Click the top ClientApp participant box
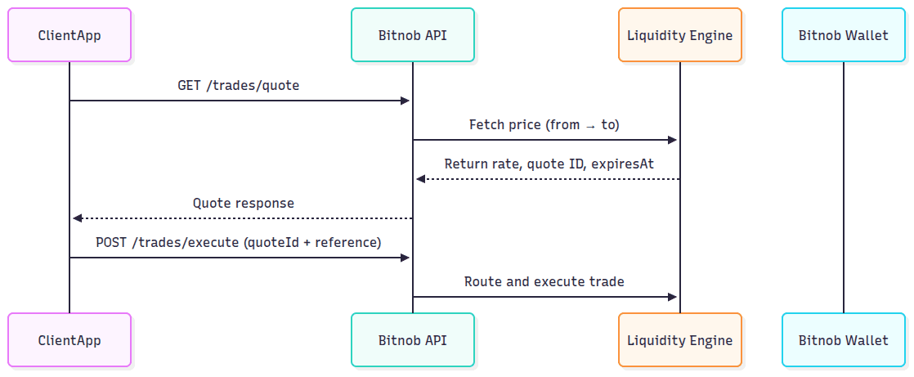tap(69, 35)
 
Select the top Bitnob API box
tap(412, 35)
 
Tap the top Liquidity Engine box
tap(679, 35)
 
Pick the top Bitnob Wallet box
tap(843, 35)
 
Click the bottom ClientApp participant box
tap(69, 339)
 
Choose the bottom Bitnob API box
tap(412, 339)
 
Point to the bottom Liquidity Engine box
tap(679, 339)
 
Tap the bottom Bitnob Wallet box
tap(843, 339)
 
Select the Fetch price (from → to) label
tap(544, 124)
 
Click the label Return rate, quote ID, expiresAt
tap(549, 164)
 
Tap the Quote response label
tap(243, 203)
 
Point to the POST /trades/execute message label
tap(239, 242)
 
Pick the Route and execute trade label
tap(544, 281)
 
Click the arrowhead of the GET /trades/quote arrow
tap(405, 101)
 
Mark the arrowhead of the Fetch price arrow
tap(672, 140)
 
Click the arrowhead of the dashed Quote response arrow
tap(77, 218)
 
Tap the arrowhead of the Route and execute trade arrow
tap(672, 297)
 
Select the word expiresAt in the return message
tap(624, 164)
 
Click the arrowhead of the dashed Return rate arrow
tap(420, 179)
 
